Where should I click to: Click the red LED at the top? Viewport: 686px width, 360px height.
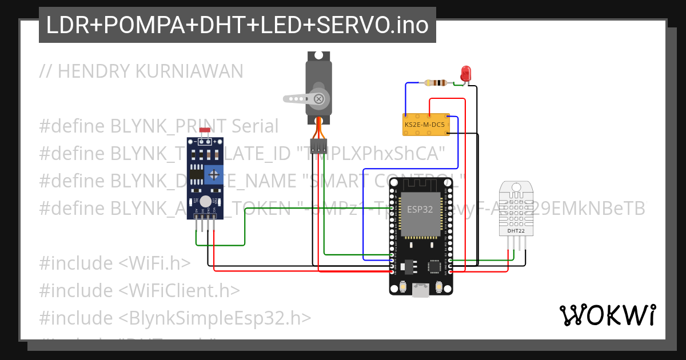click(x=466, y=73)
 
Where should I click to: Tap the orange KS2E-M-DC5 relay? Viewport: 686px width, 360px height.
click(x=425, y=124)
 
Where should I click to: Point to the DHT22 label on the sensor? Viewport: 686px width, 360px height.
click(x=516, y=231)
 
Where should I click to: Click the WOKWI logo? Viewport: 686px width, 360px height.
click(x=607, y=315)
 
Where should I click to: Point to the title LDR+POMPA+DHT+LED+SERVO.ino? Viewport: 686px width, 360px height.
click(x=237, y=25)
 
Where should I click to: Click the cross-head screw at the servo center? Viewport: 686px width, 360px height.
click(x=319, y=99)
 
